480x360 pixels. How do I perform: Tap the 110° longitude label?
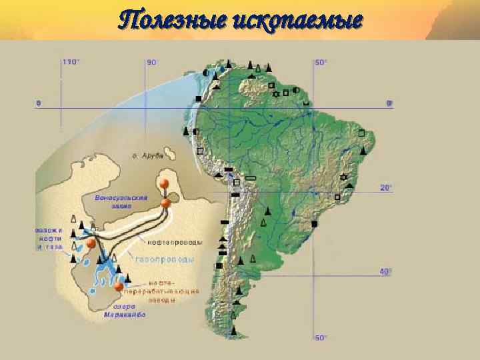pyautogui.click(x=70, y=62)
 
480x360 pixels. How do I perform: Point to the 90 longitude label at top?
pyautogui.click(x=151, y=62)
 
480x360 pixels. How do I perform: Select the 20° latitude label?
pyautogui.click(x=386, y=188)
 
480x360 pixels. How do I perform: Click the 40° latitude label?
pyautogui.click(x=386, y=271)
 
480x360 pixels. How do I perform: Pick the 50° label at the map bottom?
pyautogui.click(x=321, y=337)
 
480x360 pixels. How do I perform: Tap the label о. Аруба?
pyautogui.click(x=148, y=155)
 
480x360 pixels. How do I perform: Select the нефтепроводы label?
pyautogui.click(x=175, y=241)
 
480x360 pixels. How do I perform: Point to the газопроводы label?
pyautogui.click(x=165, y=259)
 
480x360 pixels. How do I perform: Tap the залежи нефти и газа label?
pyautogui.click(x=49, y=238)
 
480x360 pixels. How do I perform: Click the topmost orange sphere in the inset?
pyautogui.click(x=163, y=184)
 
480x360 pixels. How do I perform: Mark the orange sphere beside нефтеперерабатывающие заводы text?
pyautogui.click(x=119, y=287)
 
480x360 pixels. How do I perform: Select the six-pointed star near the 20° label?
pyautogui.click(x=344, y=177)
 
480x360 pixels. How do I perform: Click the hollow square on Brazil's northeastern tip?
pyautogui.click(x=362, y=133)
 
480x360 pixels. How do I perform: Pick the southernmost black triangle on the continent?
pyautogui.click(x=234, y=330)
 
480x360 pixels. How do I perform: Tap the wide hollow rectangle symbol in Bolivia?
pyautogui.click(x=251, y=179)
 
